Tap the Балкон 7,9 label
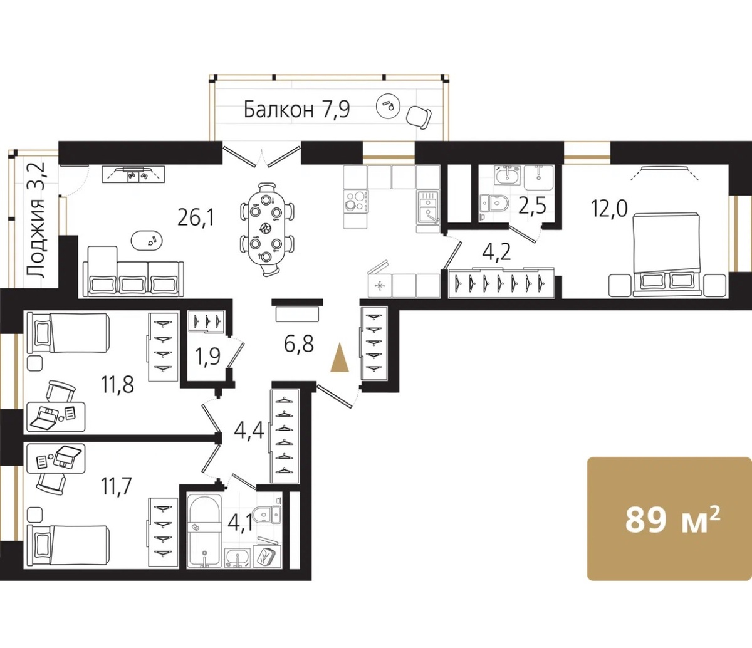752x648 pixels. coord(296,109)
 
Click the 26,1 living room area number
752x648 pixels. coord(196,218)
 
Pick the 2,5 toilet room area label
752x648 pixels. coord(535,206)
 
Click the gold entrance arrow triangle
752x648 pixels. coord(340,357)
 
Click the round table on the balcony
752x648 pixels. coord(388,106)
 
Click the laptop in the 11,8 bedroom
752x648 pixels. coord(45,418)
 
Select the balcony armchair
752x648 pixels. coord(419,117)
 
